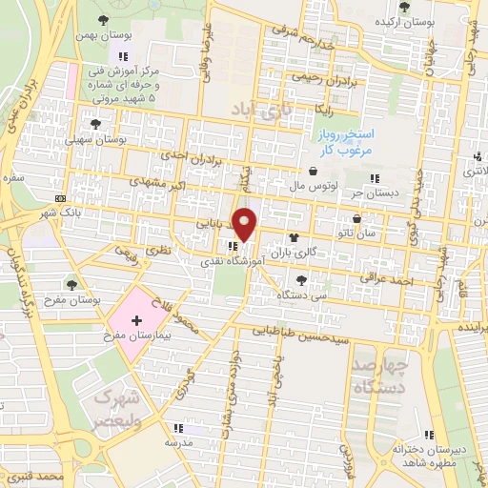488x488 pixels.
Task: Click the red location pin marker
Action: [245, 224]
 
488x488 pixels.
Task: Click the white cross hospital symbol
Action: [135, 322]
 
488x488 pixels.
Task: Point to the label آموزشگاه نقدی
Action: [233, 259]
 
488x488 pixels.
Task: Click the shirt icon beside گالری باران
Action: [291, 238]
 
